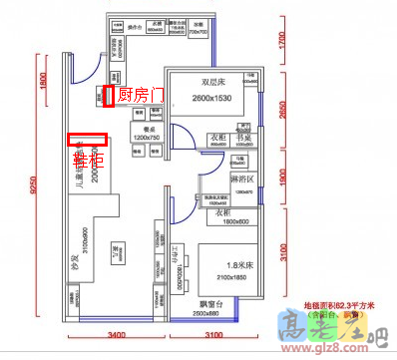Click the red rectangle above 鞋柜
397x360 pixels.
click(x=87, y=141)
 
